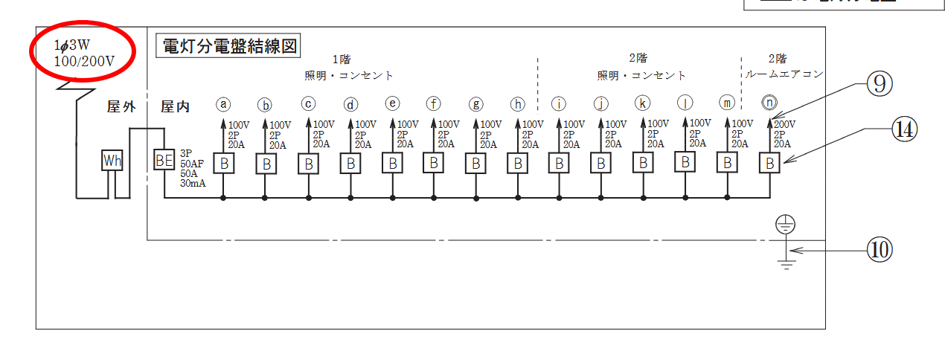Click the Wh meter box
pyautogui.click(x=112, y=161)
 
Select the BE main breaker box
pyautogui.click(x=164, y=160)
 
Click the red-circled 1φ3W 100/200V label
pyautogui.click(x=83, y=53)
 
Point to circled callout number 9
pyautogui.click(x=879, y=85)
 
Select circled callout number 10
pyautogui.click(x=879, y=249)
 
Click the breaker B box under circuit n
pyautogui.click(x=769, y=163)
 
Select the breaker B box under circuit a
pyautogui.click(x=224, y=163)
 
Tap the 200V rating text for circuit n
pyautogui.click(x=784, y=124)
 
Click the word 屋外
pyautogui.click(x=122, y=107)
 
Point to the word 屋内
pyautogui.click(x=176, y=107)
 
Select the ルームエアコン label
pyautogui.click(x=784, y=74)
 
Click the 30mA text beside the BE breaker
pyautogui.click(x=193, y=183)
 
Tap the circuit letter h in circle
pyautogui.click(x=518, y=103)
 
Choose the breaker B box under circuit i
pyautogui.click(x=560, y=163)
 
